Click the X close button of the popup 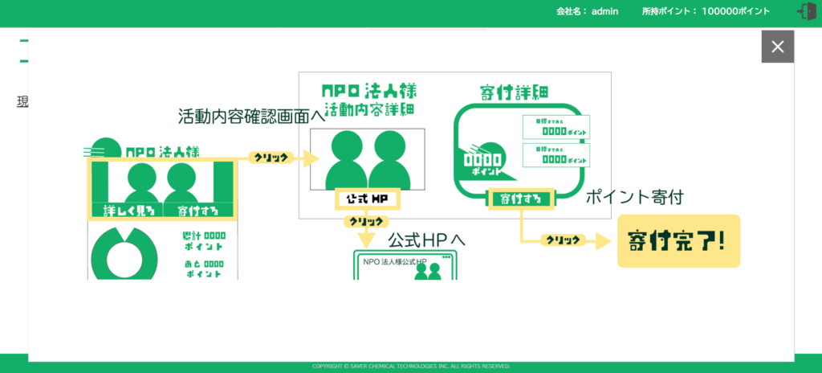(777, 47)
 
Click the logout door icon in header (806, 11)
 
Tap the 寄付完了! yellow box (678, 241)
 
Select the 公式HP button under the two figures (367, 198)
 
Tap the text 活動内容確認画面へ (251, 117)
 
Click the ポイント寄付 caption (634, 197)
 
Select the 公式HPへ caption (426, 240)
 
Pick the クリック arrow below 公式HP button (366, 222)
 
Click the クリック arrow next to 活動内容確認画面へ (271, 158)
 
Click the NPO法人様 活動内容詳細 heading (368, 98)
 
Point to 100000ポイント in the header (735, 11)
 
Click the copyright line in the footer (411, 367)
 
